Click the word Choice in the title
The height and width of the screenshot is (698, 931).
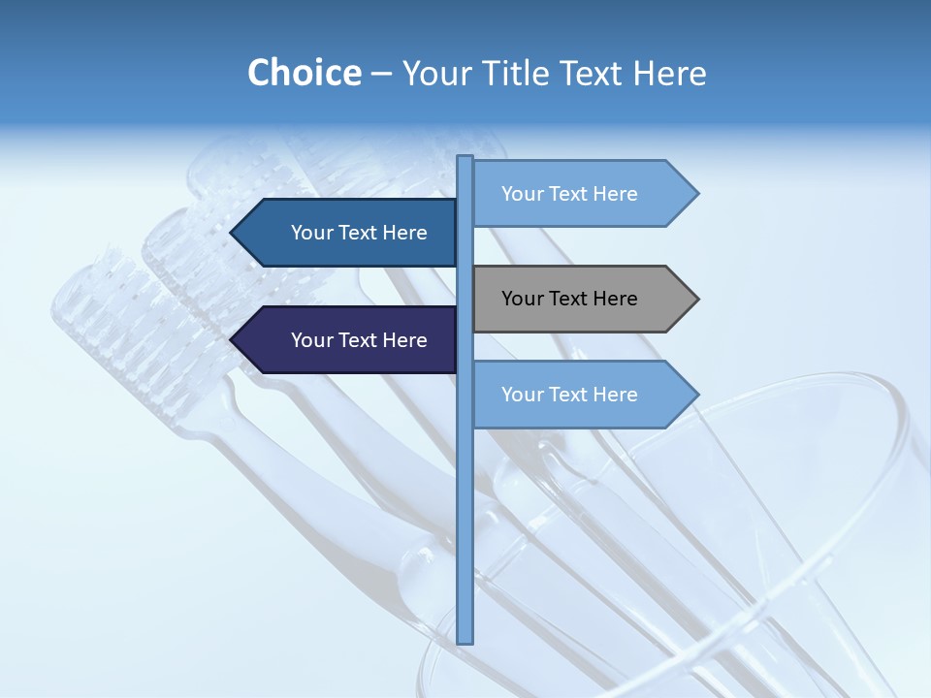[x=304, y=73]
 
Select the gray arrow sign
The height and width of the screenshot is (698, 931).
[x=582, y=299]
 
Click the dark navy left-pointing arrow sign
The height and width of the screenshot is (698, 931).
[x=349, y=340]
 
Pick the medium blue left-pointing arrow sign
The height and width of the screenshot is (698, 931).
[x=349, y=233]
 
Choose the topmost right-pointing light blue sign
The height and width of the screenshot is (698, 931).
[x=582, y=194]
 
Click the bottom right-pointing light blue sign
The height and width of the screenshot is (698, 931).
[x=582, y=395]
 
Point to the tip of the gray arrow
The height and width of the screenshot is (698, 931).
[x=697, y=299]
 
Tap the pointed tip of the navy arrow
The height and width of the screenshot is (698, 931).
[x=232, y=340]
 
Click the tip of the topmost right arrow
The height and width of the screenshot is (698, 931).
[x=697, y=194]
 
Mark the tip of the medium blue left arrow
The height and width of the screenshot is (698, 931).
[x=232, y=233]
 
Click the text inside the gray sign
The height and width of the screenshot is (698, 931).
[x=569, y=299]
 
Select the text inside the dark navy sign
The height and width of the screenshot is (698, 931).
[x=359, y=340]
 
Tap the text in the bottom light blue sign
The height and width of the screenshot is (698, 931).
[x=569, y=395]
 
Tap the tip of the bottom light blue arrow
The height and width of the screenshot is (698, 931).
[x=697, y=395]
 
